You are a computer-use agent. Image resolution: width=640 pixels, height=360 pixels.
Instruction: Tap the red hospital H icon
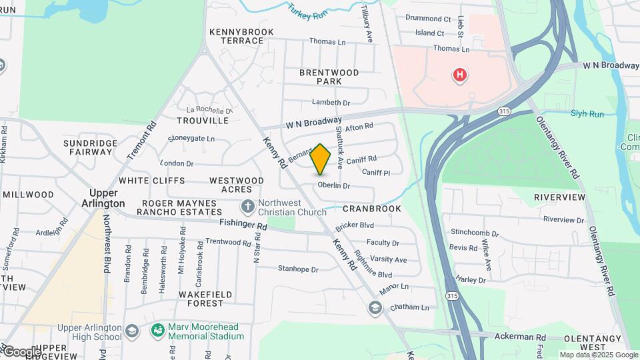coord(459,75)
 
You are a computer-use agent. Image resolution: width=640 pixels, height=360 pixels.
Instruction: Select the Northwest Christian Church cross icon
coord(248,207)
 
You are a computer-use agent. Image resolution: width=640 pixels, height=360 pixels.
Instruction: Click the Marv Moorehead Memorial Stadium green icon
coord(157,330)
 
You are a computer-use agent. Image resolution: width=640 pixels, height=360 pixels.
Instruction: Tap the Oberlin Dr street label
coord(333,185)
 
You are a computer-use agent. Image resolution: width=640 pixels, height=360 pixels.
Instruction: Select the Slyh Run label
coord(587,114)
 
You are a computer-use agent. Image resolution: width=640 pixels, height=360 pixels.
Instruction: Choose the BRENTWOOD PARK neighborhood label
coord(329,77)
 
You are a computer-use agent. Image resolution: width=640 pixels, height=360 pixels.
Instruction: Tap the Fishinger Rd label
coord(243,227)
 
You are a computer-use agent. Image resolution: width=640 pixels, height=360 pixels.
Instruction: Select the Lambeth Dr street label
coord(331,103)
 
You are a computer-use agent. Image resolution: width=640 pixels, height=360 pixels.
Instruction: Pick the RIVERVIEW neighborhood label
coord(559,198)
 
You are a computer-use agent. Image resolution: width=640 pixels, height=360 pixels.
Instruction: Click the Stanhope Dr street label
coord(298,269)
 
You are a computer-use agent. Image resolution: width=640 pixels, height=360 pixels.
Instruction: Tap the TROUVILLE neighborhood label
coord(203,121)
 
